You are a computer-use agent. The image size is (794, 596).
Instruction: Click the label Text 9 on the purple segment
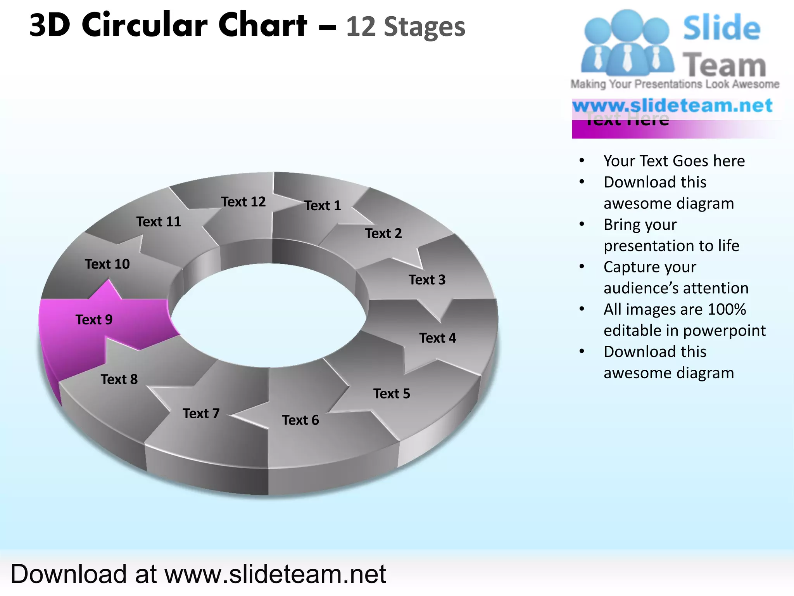(x=94, y=320)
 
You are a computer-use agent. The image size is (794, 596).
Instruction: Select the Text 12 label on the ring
(x=243, y=202)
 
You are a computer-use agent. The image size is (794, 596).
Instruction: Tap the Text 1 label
(x=322, y=206)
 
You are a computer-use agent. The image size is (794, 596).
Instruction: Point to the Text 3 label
(x=427, y=280)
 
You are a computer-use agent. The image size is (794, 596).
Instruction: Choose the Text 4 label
(x=437, y=338)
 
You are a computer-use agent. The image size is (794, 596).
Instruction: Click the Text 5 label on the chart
(x=392, y=394)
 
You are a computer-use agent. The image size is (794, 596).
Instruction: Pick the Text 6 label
(x=300, y=420)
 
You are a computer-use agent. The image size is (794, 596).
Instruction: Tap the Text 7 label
(x=201, y=414)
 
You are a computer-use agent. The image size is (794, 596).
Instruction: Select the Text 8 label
(x=119, y=379)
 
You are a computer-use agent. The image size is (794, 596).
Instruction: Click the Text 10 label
(x=107, y=264)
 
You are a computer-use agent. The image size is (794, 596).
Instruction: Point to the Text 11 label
(x=159, y=222)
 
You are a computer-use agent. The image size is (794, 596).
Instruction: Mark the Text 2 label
(x=383, y=234)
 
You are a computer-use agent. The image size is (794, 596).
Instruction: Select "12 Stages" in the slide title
(x=405, y=27)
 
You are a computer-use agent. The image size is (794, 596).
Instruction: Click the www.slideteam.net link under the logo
(x=672, y=106)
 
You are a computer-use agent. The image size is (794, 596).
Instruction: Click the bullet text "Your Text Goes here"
(x=674, y=161)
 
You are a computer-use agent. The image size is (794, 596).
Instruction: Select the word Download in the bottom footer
(x=69, y=574)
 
